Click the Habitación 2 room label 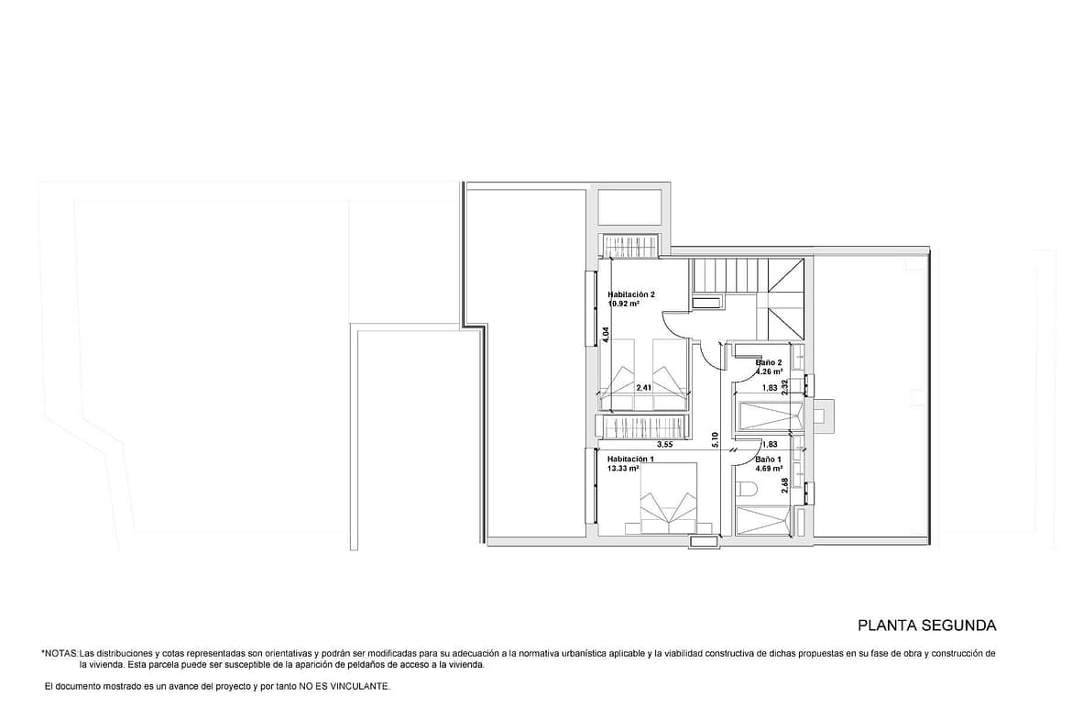coord(631,295)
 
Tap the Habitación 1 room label coord(630,460)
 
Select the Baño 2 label coord(769,362)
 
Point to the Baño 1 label coord(769,460)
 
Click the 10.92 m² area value coord(623,304)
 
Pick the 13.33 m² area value coord(623,469)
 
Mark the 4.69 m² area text coord(769,469)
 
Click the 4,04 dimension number coord(606,335)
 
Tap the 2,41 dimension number coord(643,388)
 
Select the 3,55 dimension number coord(665,444)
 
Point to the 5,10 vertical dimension coord(715,439)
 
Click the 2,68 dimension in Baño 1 coord(785,485)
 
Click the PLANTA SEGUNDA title coord(926,626)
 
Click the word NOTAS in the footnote coord(60,654)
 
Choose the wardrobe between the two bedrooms coord(641,428)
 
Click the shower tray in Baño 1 coord(766,519)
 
